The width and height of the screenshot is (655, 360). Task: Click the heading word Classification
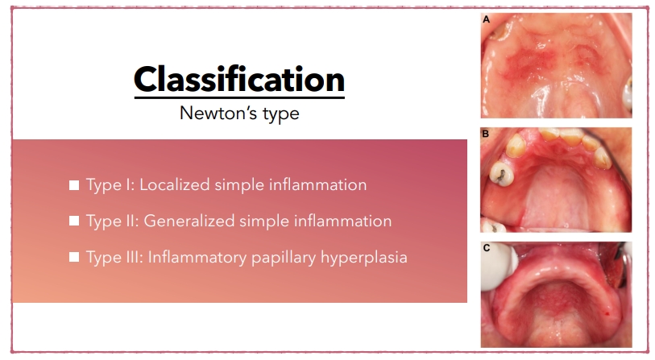pyautogui.click(x=239, y=80)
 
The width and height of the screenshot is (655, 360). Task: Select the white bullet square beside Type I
pyautogui.click(x=74, y=185)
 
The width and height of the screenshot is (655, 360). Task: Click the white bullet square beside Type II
pyautogui.click(x=74, y=221)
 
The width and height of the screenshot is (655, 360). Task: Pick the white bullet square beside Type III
pyautogui.click(x=74, y=257)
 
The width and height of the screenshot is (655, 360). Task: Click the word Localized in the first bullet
pyautogui.click(x=175, y=185)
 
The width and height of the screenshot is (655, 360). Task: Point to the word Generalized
pyautogui.click(x=189, y=221)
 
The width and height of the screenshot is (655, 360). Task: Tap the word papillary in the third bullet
pyautogui.click(x=284, y=258)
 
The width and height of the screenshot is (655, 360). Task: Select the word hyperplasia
pyautogui.click(x=364, y=258)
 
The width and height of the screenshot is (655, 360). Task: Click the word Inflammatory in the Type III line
pyautogui.click(x=197, y=258)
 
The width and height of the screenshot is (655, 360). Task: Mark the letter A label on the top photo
pyautogui.click(x=487, y=19)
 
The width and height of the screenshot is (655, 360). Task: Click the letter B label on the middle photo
pyautogui.click(x=485, y=134)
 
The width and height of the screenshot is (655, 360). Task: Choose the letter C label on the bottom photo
pyautogui.click(x=487, y=248)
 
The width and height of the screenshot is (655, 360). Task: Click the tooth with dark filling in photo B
pyautogui.click(x=502, y=173)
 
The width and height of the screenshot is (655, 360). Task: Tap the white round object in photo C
pyautogui.click(x=499, y=267)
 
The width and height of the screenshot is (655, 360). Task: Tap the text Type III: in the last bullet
pyautogui.click(x=114, y=257)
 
